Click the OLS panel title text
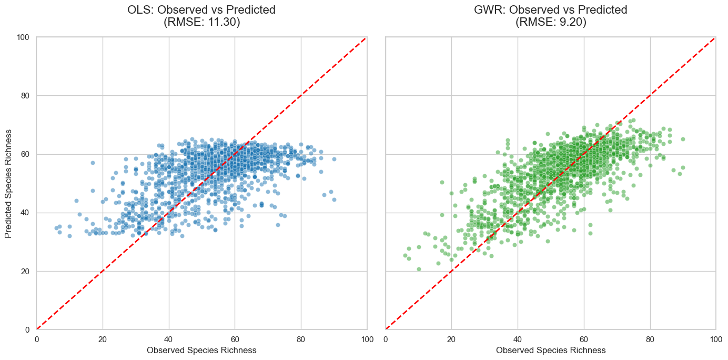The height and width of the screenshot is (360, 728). coord(201,10)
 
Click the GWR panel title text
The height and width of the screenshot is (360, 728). coord(551,10)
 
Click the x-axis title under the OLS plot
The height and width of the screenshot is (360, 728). coord(201,350)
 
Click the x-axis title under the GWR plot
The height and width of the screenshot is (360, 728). coord(551,350)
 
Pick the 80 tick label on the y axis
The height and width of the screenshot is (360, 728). coord(26,96)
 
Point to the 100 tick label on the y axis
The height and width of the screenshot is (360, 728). coord(24,37)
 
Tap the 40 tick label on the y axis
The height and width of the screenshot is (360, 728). coord(26,213)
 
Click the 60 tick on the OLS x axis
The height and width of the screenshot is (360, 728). coord(235,338)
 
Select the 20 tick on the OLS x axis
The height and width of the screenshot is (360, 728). coord(103,338)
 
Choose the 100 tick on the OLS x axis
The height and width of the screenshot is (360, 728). coord(367,338)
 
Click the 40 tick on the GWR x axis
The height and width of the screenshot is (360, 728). coord(518,338)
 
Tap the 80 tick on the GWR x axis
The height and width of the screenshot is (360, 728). coord(650,338)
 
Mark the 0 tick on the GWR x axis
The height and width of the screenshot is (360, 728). coord(386,338)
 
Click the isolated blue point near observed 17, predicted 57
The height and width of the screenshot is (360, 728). coord(93,163)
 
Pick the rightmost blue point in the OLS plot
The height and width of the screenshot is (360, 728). coord(334,199)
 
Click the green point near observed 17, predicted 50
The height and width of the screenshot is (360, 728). coord(442,183)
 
